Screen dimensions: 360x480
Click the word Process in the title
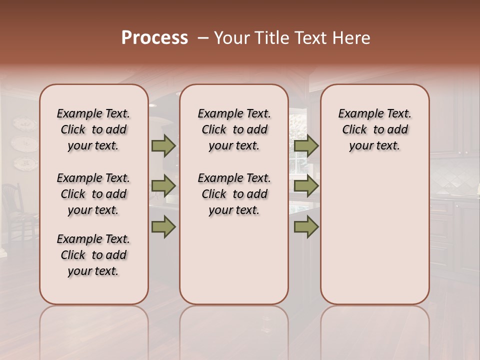pos(154,38)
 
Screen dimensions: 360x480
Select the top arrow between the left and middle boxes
pos(163,145)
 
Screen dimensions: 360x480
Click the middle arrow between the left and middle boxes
pos(163,186)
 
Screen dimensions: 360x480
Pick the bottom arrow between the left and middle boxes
pos(163,226)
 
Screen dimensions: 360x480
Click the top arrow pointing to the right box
pos(306,146)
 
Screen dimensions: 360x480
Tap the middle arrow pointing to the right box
pos(306,186)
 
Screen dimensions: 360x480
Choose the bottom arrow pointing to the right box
pos(306,226)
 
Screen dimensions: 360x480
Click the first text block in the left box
pos(93,129)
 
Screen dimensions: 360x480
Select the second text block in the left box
pos(93,194)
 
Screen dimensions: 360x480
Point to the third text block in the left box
pos(93,255)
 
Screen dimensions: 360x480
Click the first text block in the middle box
pos(234,129)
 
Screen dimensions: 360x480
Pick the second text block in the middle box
pos(234,194)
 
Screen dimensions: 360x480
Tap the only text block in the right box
pos(374,129)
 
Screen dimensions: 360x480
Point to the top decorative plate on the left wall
pos(24,124)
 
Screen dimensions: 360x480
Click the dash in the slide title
pos(203,38)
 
